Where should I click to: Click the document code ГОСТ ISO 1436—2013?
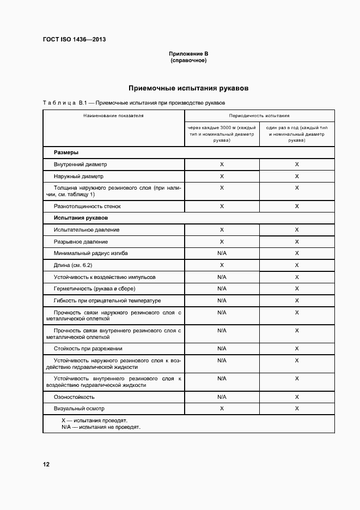[x=75, y=40]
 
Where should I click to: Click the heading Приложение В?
[x=188, y=54]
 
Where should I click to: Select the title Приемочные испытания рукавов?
[x=188, y=88]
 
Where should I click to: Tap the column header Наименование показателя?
[x=113, y=116]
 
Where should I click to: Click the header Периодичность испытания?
[x=259, y=116]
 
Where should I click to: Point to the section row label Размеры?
[x=66, y=153]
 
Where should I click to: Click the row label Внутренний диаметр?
[x=81, y=164]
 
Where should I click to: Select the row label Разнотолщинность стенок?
[x=87, y=207]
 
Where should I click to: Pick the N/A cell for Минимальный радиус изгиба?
[x=222, y=253]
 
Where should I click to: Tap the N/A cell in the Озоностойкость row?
[x=222, y=397]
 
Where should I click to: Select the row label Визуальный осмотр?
[x=79, y=408]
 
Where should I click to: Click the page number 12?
[x=46, y=464]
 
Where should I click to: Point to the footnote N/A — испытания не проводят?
[x=101, y=427]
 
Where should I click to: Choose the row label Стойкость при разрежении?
[x=88, y=348]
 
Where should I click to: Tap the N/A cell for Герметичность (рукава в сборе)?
[x=222, y=289]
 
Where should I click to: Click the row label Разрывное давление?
[x=81, y=241]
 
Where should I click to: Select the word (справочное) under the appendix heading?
[x=188, y=60]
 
